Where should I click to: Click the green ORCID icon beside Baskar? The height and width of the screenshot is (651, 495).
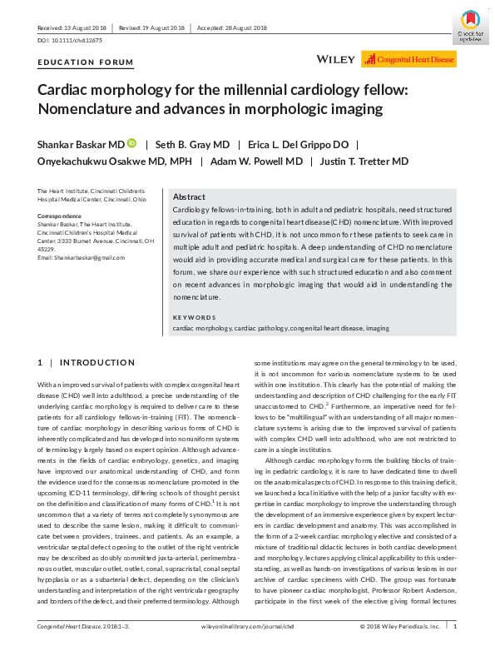[x=131, y=143]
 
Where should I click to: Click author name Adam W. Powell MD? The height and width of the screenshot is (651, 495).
[x=268, y=161]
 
